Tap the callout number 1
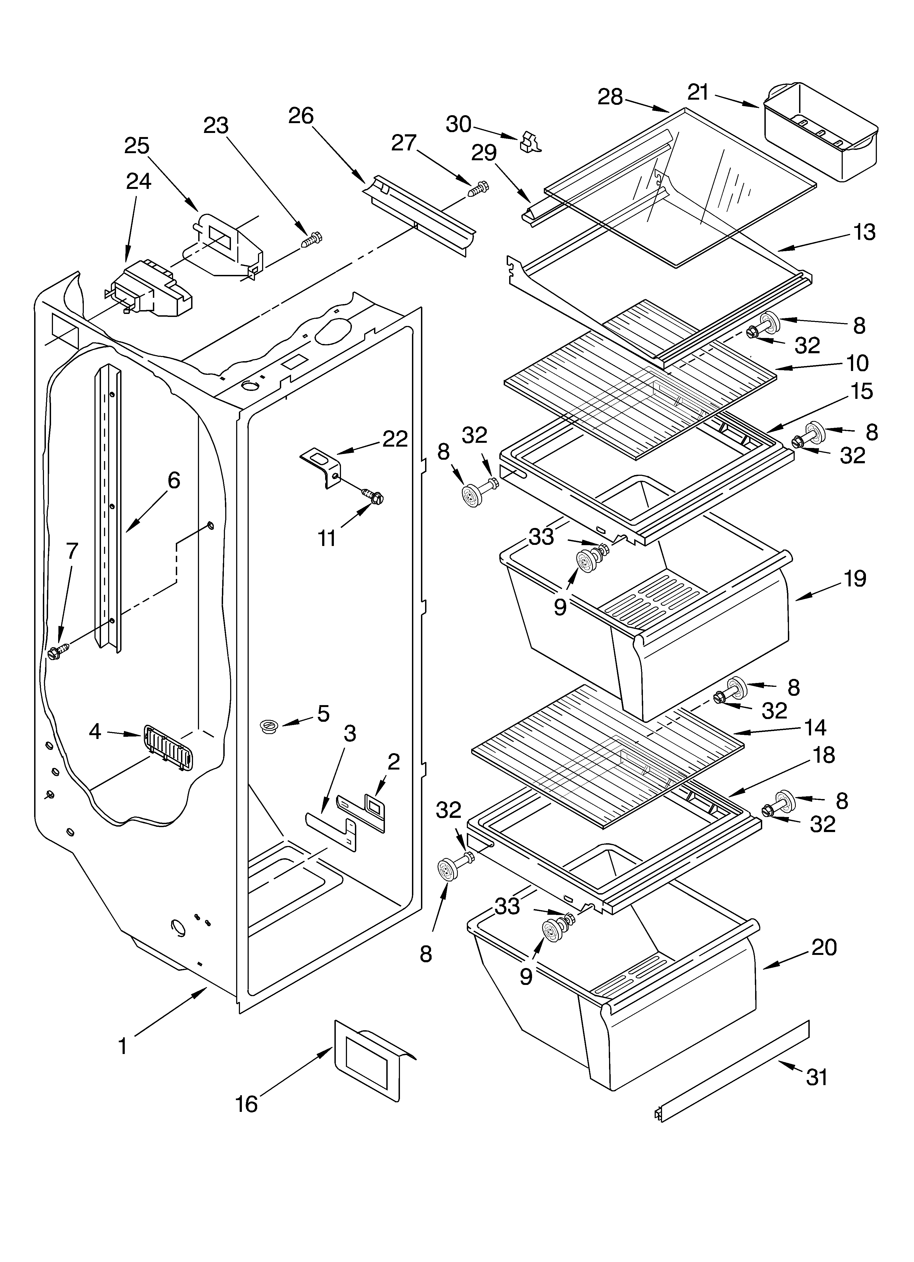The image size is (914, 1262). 123,1046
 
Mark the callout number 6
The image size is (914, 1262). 174,480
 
